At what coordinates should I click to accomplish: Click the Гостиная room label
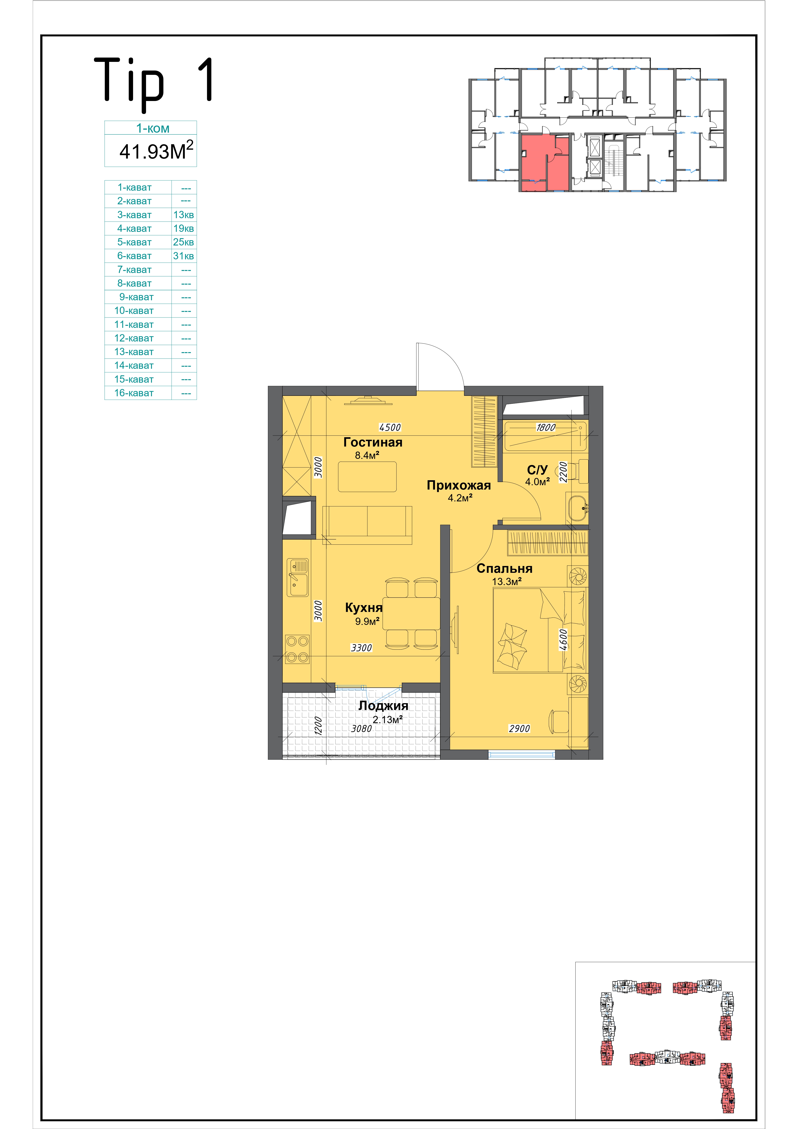[x=373, y=442]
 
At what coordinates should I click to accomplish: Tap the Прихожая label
[x=459, y=485]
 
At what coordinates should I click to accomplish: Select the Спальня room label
[x=504, y=568]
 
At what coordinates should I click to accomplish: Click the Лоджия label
[x=383, y=706]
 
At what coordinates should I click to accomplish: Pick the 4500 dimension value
[x=390, y=427]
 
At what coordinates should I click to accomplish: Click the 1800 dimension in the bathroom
[x=546, y=427]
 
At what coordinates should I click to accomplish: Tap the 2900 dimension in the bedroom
[x=519, y=728]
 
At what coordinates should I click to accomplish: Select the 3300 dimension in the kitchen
[x=361, y=648]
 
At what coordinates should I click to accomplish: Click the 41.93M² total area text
[x=156, y=150]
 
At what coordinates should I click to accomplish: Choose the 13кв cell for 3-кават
[x=183, y=215]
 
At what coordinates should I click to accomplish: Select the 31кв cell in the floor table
[x=183, y=256]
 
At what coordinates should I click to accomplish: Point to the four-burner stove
[x=297, y=649]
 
